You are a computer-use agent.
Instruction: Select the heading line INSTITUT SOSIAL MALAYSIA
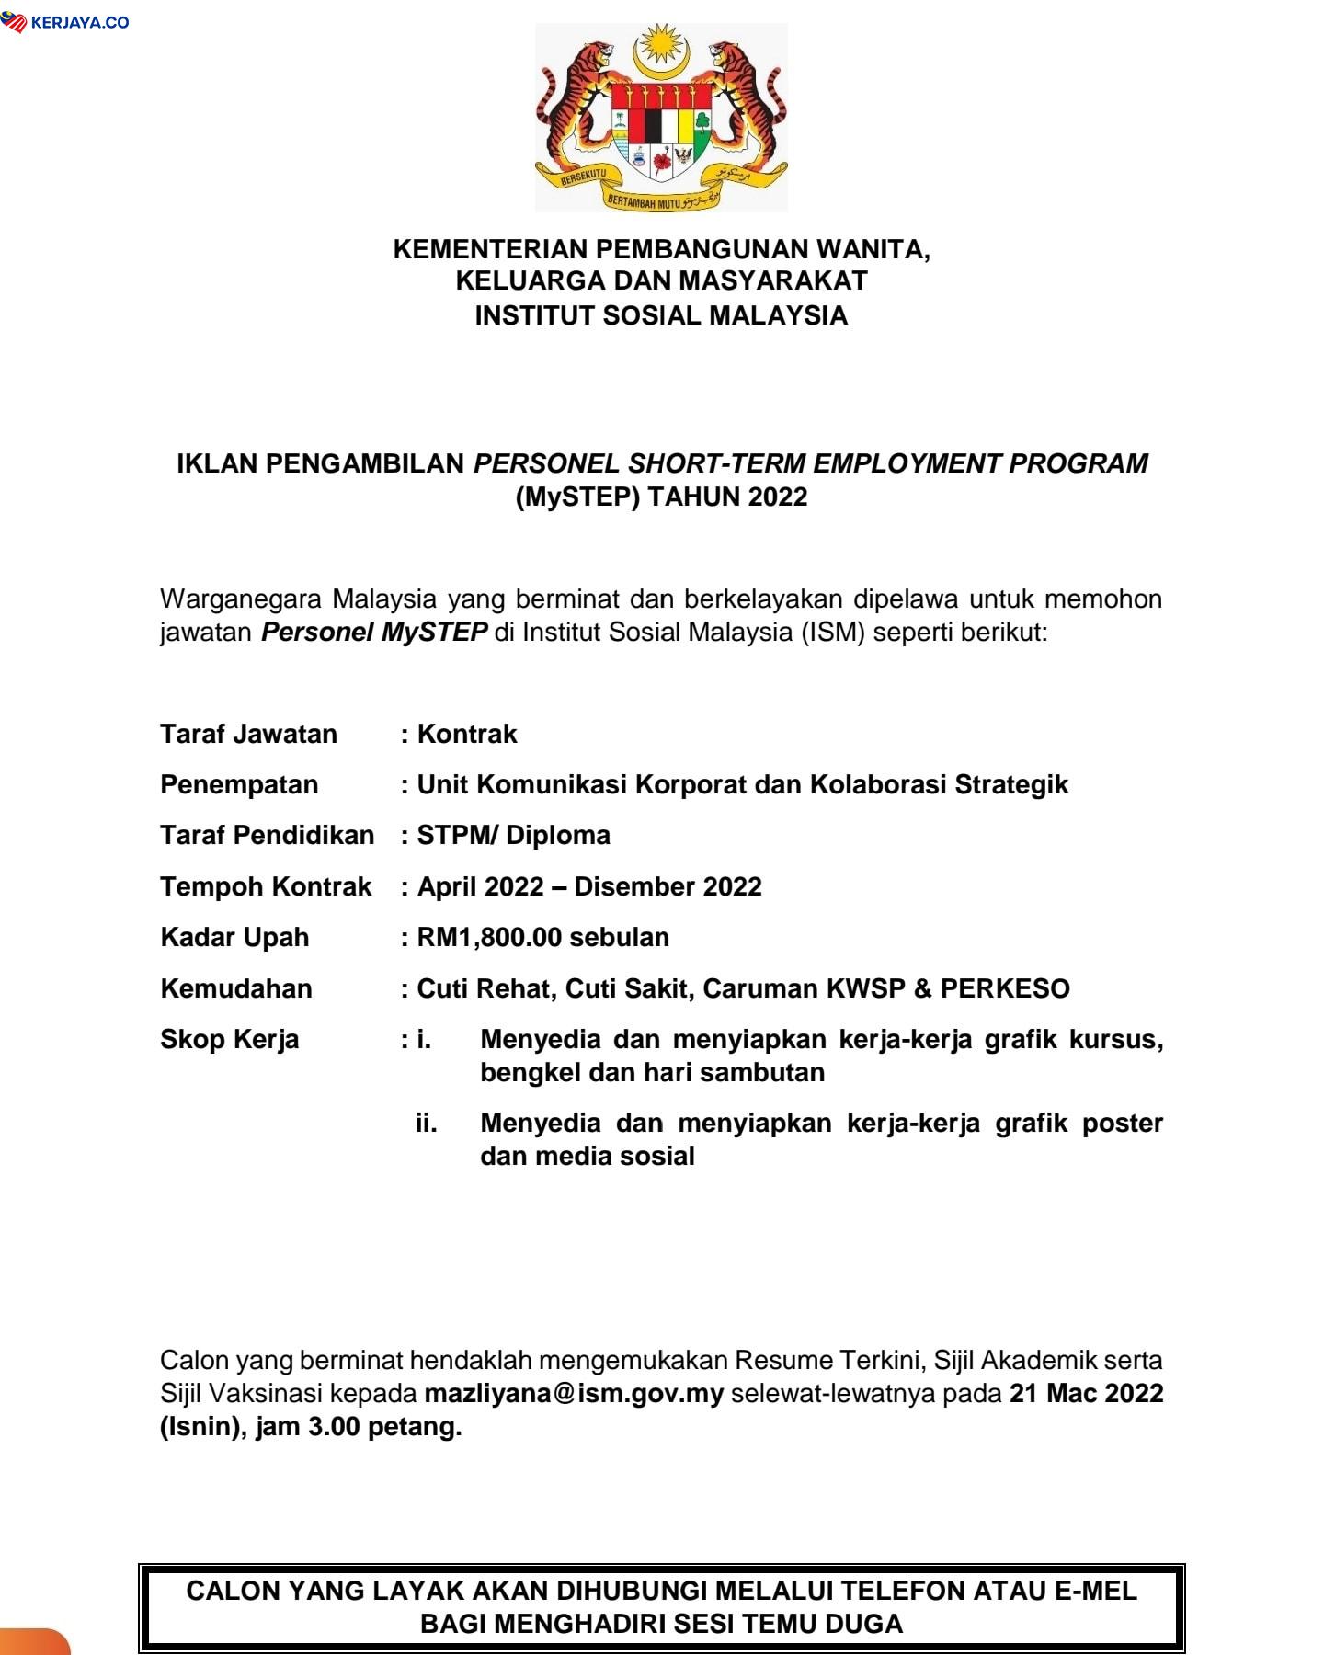coord(661,315)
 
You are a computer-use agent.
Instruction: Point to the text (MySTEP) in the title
coord(576,496)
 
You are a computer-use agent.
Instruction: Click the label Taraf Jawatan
coord(248,734)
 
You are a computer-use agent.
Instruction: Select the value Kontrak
coord(467,734)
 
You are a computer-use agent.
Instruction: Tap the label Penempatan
coord(239,784)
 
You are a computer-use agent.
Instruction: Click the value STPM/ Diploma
coord(513,835)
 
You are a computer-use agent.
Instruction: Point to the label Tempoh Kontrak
coord(266,886)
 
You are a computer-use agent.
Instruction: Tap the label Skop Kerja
coord(229,1039)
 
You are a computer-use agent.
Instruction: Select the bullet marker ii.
coord(426,1123)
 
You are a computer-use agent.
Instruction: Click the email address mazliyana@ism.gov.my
coord(574,1393)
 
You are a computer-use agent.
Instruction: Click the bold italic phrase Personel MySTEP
coord(374,632)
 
